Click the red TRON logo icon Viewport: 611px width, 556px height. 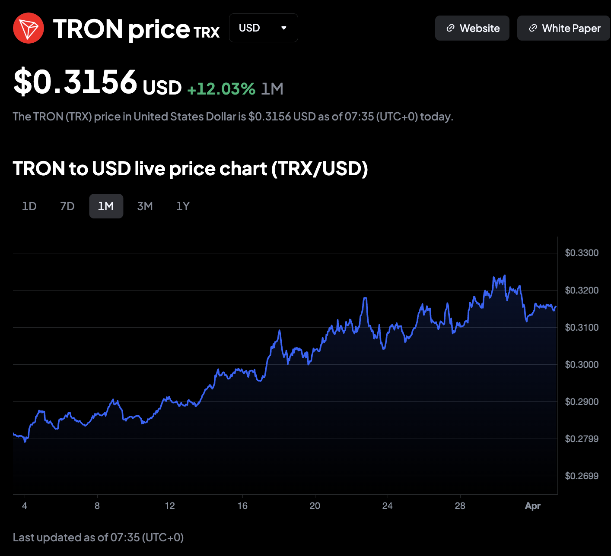tap(29, 28)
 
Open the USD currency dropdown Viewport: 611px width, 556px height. tap(263, 28)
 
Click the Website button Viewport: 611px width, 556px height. tap(472, 28)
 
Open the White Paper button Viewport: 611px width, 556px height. tap(563, 28)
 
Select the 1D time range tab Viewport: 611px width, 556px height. tap(29, 206)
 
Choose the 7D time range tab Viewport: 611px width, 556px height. tap(67, 206)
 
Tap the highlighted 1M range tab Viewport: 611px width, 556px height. tap(106, 206)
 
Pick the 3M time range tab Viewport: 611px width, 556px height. tap(145, 206)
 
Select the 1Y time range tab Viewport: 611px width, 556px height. tap(183, 206)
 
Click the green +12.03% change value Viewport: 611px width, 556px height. tap(221, 89)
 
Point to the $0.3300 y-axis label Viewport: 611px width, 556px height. tap(582, 253)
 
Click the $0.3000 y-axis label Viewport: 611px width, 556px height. tap(582, 365)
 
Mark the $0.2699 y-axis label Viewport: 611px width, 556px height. tap(582, 476)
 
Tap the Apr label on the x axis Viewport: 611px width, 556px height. tap(532, 506)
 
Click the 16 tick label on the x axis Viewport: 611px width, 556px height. tap(242, 506)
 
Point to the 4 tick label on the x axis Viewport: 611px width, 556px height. tap(25, 506)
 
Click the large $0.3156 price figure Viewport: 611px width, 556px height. tap(76, 82)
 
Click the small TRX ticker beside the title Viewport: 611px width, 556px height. tap(207, 32)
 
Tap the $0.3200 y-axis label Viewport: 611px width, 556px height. tap(582, 291)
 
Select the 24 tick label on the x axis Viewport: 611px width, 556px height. tap(388, 506)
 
